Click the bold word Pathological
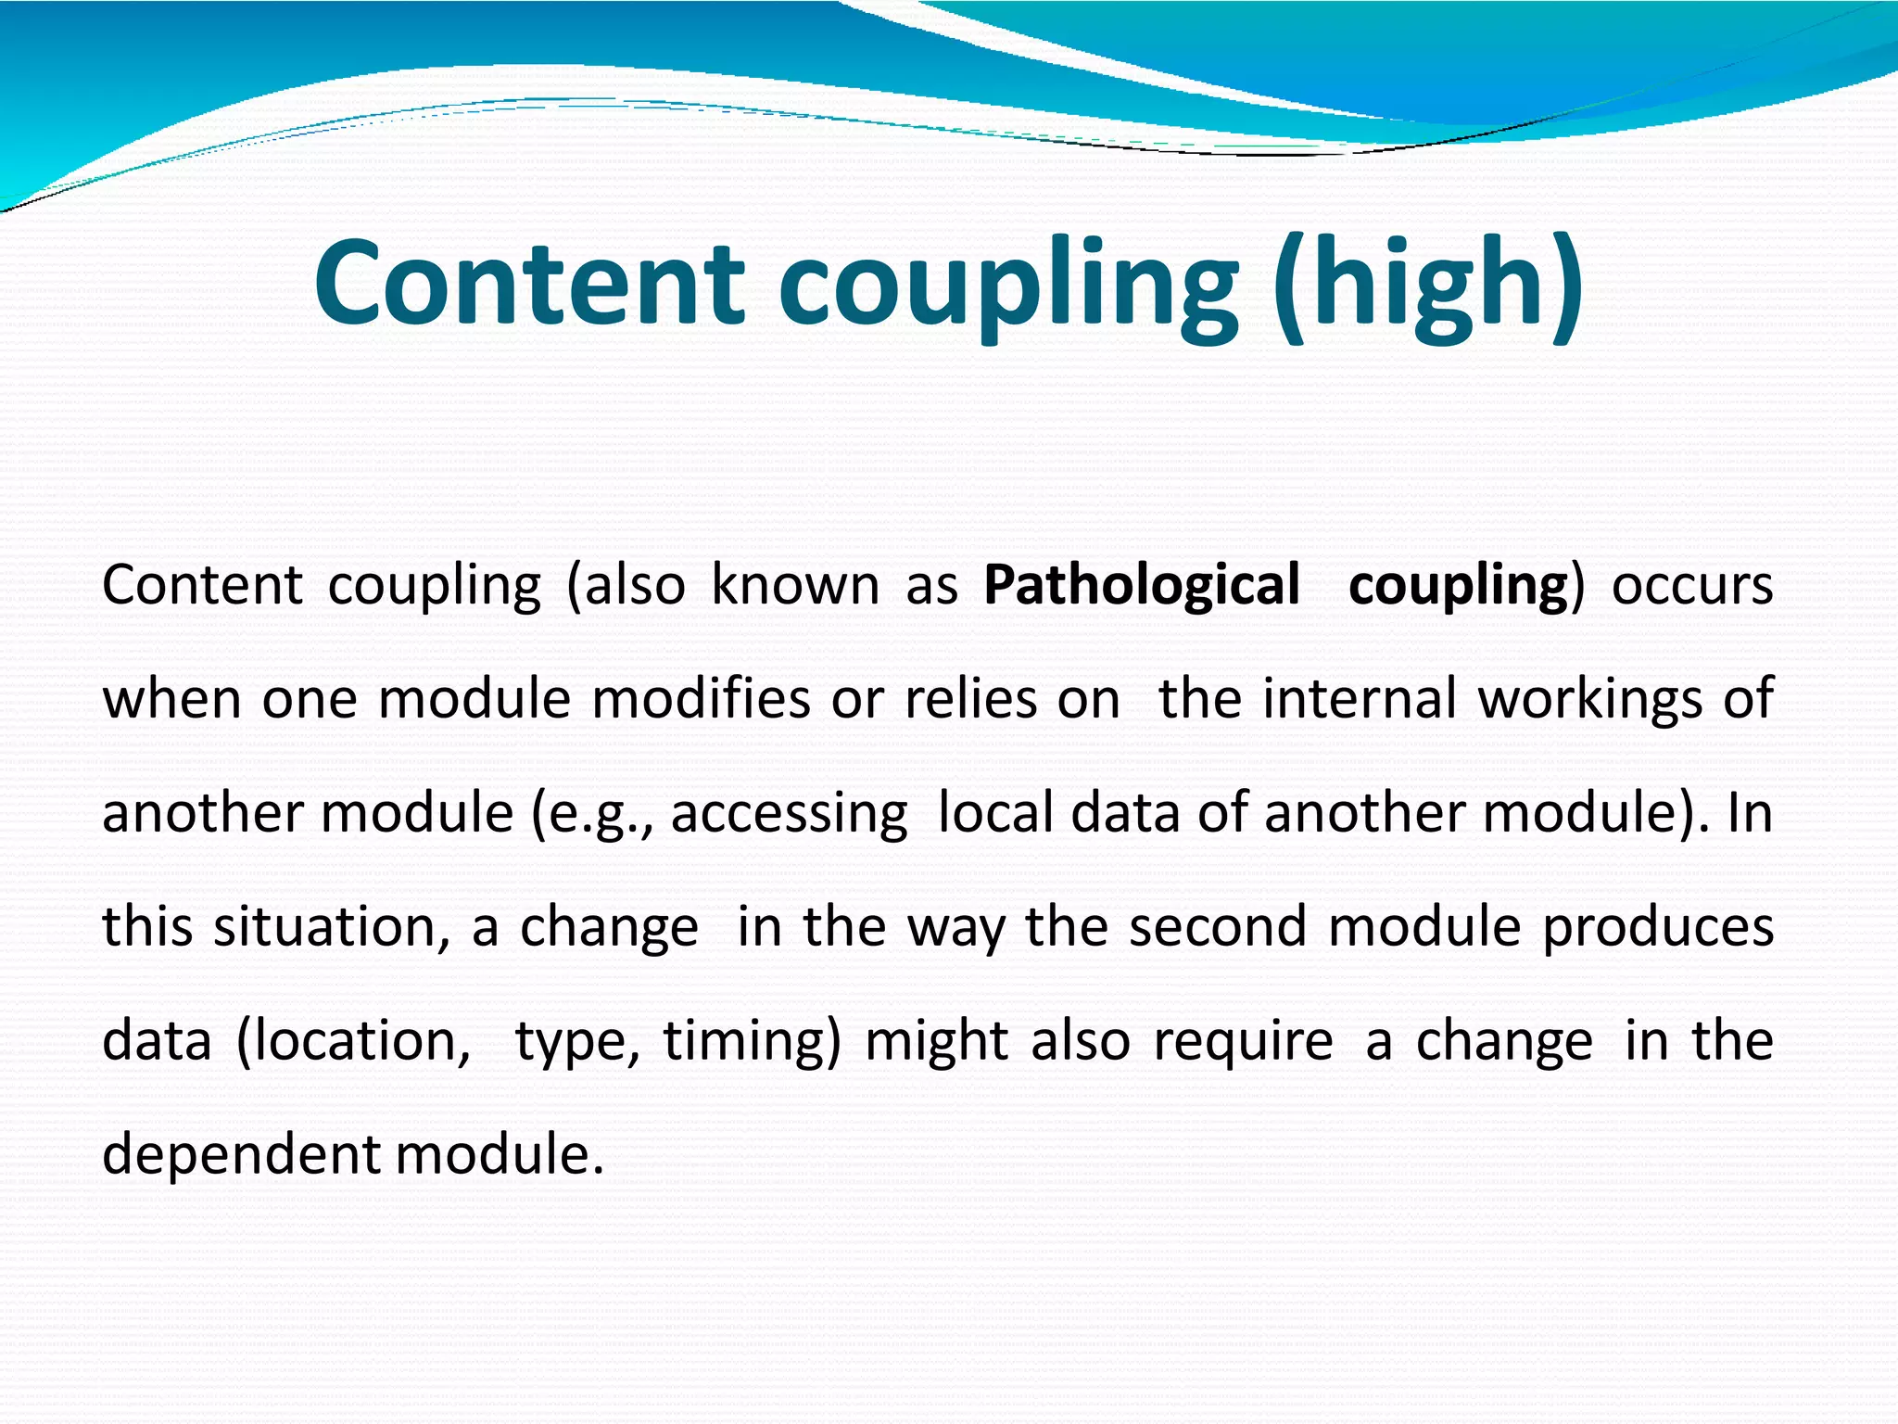1142,586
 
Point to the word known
795,586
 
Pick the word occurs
1692,586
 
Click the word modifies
701,699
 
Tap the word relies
970,699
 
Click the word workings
1589,699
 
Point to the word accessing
789,814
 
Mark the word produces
1658,927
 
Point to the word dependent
241,1155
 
